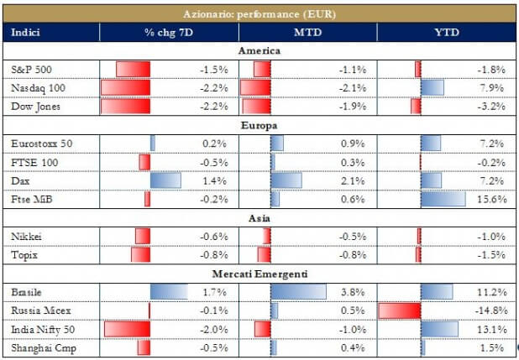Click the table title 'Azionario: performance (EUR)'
click(x=259, y=14)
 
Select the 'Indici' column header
click(x=26, y=32)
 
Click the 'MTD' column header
click(x=307, y=32)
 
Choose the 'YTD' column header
click(x=445, y=32)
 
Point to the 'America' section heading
click(x=259, y=50)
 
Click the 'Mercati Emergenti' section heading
click(x=259, y=274)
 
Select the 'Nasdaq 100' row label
click(x=37, y=87)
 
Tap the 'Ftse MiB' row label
click(x=33, y=199)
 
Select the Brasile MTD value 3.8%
click(x=353, y=292)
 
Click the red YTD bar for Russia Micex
click(x=399, y=310)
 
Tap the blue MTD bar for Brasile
click(x=299, y=292)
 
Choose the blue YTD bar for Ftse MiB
click(x=443, y=199)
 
